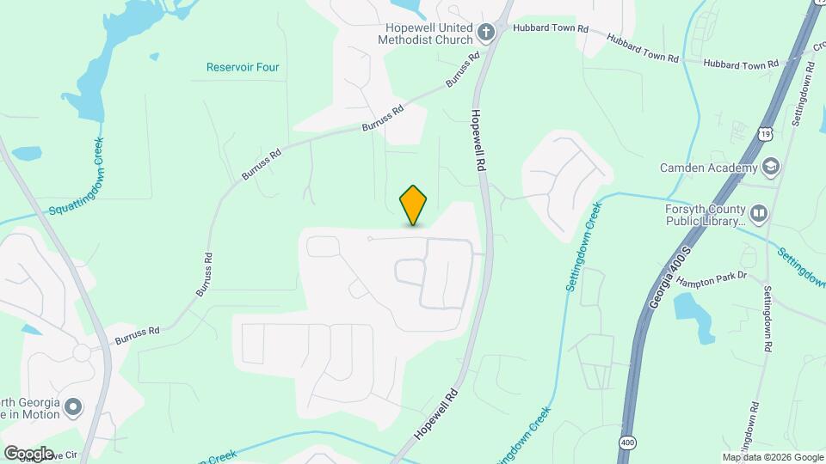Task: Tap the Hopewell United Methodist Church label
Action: pos(428,33)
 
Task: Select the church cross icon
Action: pos(486,34)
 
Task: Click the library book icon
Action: pos(758,213)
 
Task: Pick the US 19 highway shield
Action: pos(766,133)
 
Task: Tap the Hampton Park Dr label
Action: pos(715,281)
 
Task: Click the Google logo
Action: pos(28,453)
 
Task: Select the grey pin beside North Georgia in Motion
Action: pos(74,406)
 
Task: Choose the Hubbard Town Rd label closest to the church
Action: pos(550,28)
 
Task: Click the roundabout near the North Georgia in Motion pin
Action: pos(82,352)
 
